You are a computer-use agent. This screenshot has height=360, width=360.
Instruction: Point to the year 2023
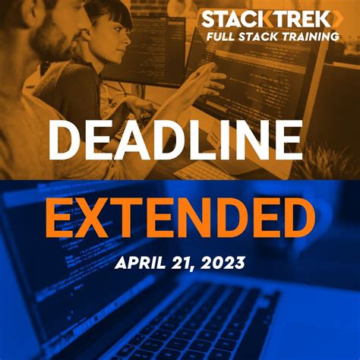click(x=224, y=263)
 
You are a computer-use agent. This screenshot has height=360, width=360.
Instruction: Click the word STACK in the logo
click(x=232, y=19)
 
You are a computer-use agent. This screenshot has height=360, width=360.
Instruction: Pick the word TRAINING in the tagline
click(x=311, y=36)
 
